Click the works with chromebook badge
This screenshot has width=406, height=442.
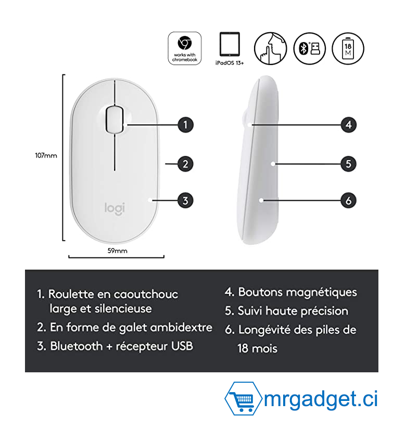tap(184, 48)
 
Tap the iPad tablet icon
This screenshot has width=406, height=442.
tap(230, 44)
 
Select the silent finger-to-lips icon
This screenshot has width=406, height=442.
tap(270, 48)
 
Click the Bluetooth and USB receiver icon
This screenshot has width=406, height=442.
tap(310, 48)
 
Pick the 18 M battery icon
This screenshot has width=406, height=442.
tap(348, 48)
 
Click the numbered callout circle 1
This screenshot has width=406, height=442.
tap(185, 125)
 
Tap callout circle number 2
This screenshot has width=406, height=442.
tap(185, 164)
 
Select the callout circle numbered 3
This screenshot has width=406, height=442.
tap(185, 200)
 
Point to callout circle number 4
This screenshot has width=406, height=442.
tap(348, 125)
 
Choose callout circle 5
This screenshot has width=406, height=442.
tap(348, 164)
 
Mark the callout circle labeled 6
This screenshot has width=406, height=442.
tap(348, 200)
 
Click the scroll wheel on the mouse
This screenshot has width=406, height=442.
tap(115, 119)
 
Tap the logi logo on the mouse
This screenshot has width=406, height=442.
tap(115, 209)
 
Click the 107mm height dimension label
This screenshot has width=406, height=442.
tap(46, 155)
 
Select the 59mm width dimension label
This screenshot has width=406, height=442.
tap(117, 251)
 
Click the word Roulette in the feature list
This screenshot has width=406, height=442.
tap(71, 294)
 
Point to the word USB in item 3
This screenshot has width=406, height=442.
tap(182, 346)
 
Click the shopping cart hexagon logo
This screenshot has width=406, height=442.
tap(244, 399)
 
